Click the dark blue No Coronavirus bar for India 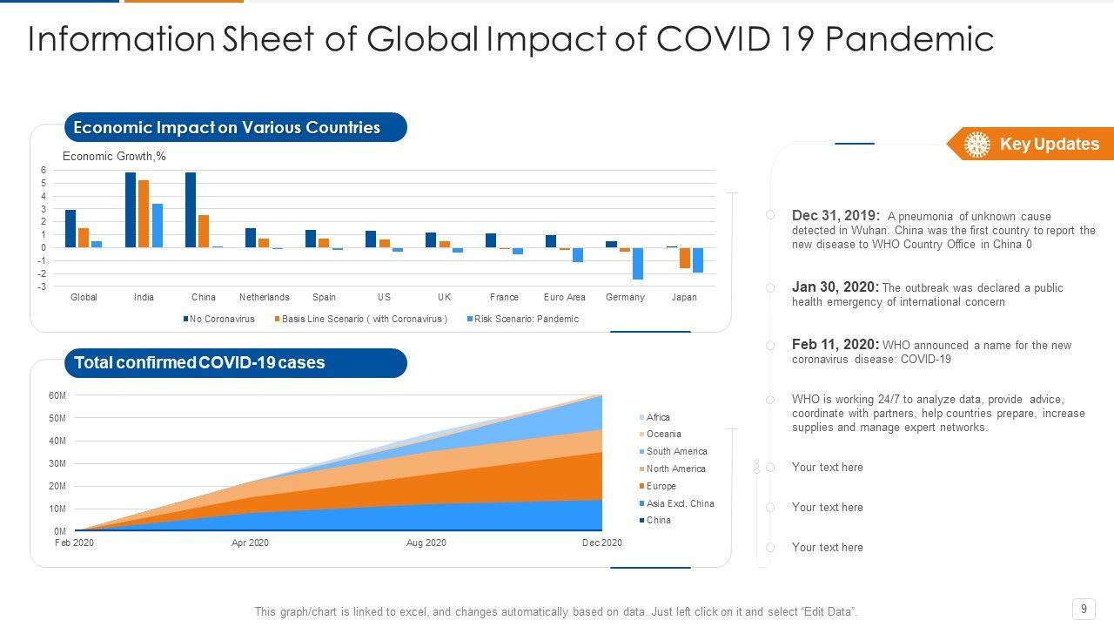(131, 210)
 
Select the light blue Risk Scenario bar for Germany (638, 263)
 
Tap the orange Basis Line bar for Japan (685, 258)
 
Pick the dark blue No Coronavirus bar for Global (70, 228)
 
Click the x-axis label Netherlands (264, 297)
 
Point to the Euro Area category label (564, 297)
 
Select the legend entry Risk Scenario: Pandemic (526, 319)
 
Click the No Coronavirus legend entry (221, 319)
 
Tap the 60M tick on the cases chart (57, 395)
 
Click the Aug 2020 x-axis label (426, 543)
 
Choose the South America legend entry (676, 451)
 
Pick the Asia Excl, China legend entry (680, 503)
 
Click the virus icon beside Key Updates (977, 145)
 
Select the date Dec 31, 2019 (835, 216)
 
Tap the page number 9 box (1084, 609)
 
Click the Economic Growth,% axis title (114, 157)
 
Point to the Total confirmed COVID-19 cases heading (199, 363)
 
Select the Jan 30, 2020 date (835, 287)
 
